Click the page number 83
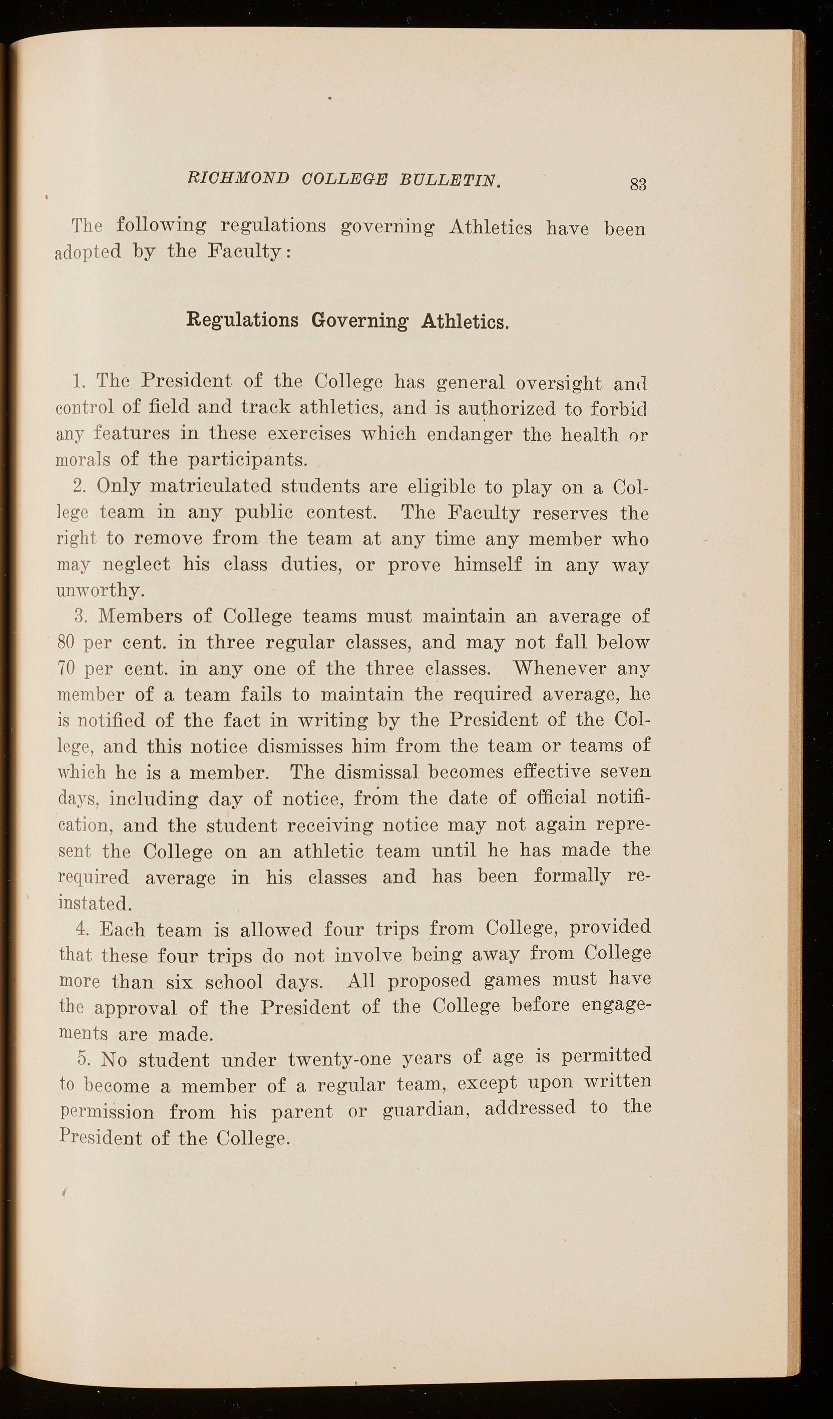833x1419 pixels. coord(638,184)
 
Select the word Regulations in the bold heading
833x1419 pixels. coord(242,321)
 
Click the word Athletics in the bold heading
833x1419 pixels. coord(465,322)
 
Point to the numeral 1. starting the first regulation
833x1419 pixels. coord(79,382)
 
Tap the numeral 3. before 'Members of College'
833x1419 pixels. coord(80,616)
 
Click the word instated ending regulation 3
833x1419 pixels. coord(95,904)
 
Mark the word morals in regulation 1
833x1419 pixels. coord(83,459)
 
